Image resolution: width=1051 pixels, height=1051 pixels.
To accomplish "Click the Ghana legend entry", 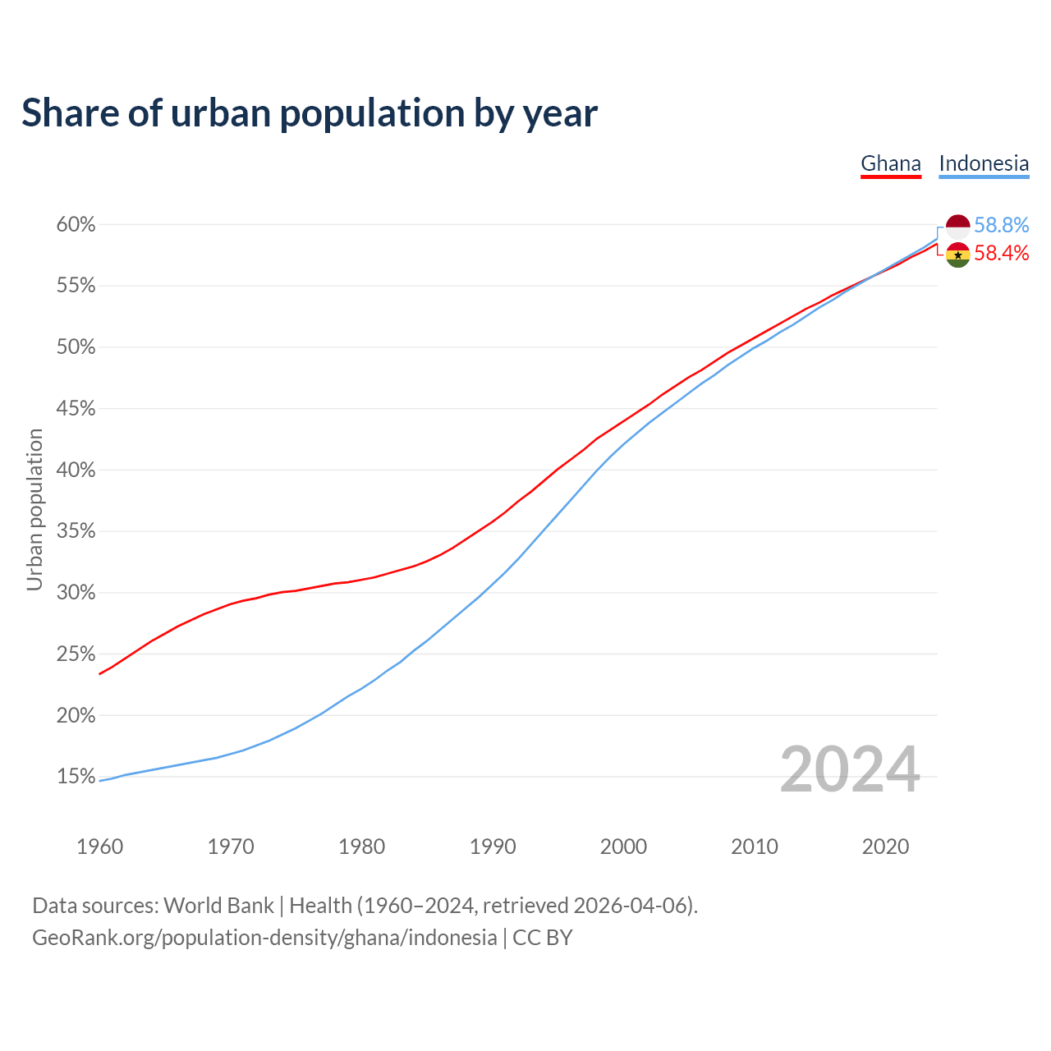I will point(891,163).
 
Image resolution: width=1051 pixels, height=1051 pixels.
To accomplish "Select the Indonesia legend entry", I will point(984,163).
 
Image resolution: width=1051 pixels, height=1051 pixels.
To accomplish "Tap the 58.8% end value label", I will point(1002,225).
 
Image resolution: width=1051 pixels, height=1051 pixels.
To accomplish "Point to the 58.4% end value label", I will point(1002,253).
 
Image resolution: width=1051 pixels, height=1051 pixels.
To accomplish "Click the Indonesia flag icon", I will point(958,226).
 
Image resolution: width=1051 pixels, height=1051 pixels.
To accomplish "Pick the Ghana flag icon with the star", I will point(958,255).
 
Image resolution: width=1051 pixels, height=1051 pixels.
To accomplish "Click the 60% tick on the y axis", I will point(76,225).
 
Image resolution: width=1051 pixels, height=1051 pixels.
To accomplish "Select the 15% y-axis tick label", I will point(76,777).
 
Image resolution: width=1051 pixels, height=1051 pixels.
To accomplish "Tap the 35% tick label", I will point(76,531).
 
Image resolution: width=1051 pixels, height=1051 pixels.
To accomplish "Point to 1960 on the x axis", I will point(100,847).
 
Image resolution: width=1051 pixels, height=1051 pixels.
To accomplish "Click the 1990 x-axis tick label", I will point(493,847).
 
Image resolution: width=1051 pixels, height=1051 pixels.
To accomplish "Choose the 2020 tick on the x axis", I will point(885,847).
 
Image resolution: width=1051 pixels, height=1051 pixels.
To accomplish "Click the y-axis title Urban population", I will point(34,509).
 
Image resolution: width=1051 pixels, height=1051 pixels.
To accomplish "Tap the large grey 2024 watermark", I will point(850,770).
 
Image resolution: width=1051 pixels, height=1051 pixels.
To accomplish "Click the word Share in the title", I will point(69,113).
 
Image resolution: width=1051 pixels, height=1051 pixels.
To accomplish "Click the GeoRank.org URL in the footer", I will point(264,938).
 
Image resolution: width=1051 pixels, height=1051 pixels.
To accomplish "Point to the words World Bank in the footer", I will point(218,906).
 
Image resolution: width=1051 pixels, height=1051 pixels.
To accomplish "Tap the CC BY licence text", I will point(542,938).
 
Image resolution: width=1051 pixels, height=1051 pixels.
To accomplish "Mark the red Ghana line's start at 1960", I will point(100,674).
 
